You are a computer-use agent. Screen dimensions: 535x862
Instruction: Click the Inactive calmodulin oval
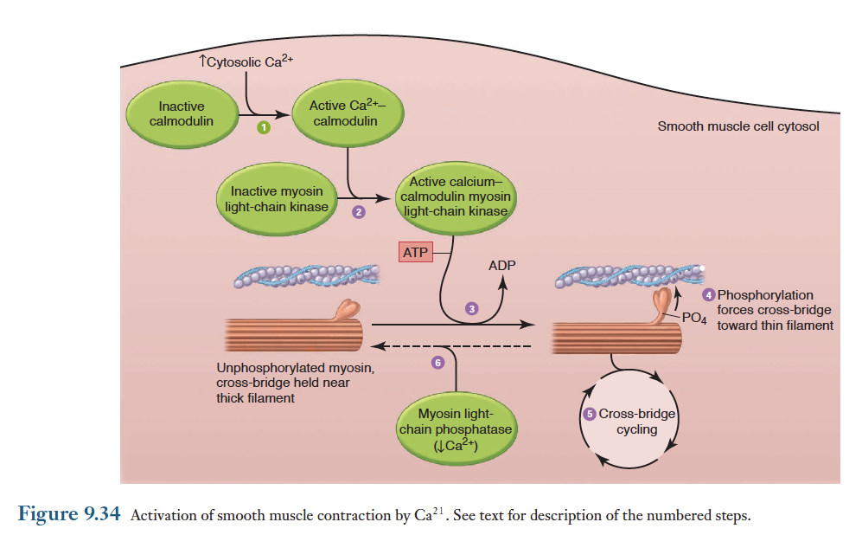182,114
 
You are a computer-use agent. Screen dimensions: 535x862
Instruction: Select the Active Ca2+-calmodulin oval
346,113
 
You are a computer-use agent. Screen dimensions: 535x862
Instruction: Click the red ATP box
415,252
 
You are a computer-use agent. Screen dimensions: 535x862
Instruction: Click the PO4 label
694,318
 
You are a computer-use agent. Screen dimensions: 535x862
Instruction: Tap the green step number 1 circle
265,129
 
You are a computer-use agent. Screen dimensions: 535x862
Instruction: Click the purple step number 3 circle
471,308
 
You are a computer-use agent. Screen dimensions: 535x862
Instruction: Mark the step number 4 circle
709,295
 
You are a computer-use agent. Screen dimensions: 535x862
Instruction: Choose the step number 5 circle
591,414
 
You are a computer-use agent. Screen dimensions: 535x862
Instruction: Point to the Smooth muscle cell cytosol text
738,126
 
